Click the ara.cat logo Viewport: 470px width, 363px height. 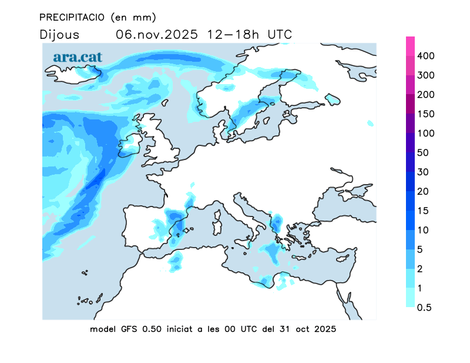pyautogui.click(x=78, y=57)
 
